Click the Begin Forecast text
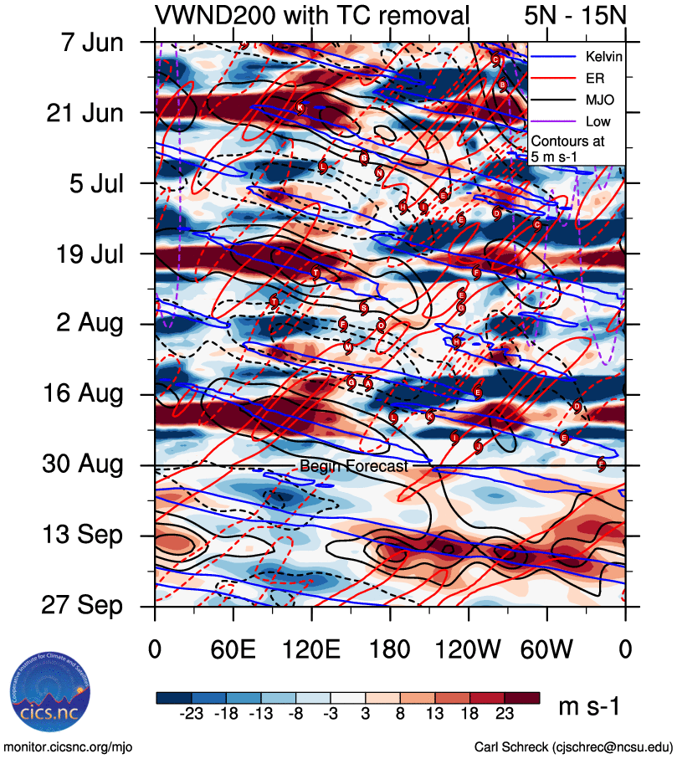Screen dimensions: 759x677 point(353,466)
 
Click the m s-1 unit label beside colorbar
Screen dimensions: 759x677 point(589,707)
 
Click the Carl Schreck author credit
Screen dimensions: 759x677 point(573,746)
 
